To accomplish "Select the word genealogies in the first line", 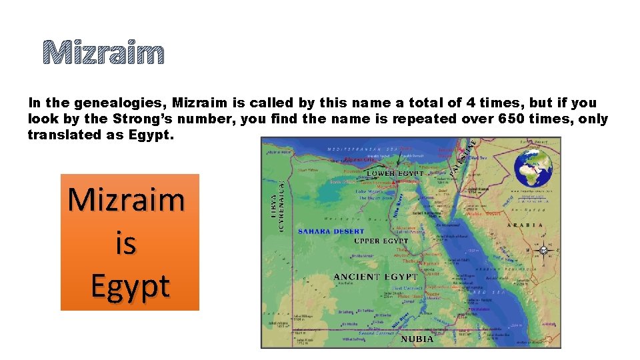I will [x=120, y=103].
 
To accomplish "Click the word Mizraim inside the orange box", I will [x=127, y=199].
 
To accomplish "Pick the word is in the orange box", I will [x=125, y=243].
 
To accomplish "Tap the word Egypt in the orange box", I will [x=130, y=286].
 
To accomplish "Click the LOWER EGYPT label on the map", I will [x=395, y=173].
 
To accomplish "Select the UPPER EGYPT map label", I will [x=381, y=241].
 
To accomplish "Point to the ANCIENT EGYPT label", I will [x=375, y=277].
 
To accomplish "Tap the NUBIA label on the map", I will [x=417, y=339].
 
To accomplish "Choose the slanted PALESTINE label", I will [x=462, y=157].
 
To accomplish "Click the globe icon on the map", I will [x=534, y=167].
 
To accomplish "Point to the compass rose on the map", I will [x=544, y=251].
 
